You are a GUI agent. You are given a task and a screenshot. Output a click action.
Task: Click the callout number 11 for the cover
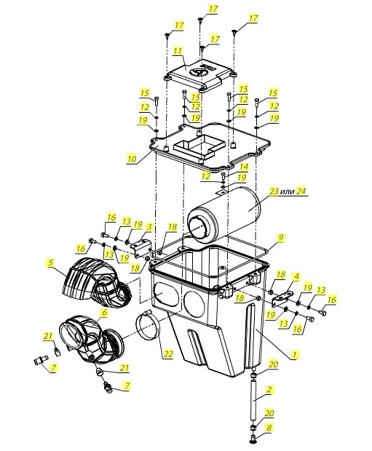pyautogui.click(x=178, y=51)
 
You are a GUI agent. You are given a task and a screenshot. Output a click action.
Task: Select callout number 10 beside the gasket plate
pyautogui.click(x=132, y=159)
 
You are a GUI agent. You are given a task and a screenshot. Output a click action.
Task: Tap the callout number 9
pyautogui.click(x=280, y=238)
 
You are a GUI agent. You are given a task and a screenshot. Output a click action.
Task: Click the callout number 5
pyautogui.click(x=51, y=263)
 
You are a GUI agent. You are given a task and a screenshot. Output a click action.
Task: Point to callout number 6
pyautogui.click(x=104, y=312)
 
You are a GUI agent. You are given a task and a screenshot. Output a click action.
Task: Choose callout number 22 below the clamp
pyautogui.click(x=167, y=354)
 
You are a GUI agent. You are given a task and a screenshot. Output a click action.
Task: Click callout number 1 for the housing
pyautogui.click(x=294, y=355)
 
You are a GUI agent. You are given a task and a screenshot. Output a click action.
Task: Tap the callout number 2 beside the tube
pyautogui.click(x=269, y=390)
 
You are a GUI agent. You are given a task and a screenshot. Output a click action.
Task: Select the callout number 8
pyautogui.click(x=269, y=428)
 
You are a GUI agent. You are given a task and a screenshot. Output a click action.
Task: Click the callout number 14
pyautogui.click(x=244, y=167)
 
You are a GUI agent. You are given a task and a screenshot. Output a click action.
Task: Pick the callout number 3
pyautogui.click(x=149, y=227)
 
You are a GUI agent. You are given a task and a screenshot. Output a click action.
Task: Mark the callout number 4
pyautogui.click(x=296, y=277)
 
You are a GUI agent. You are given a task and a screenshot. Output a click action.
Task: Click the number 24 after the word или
pyautogui.click(x=301, y=191)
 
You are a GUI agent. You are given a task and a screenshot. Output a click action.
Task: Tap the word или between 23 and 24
pyautogui.click(x=287, y=191)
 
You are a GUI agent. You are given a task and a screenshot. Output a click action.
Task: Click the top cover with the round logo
pyautogui.click(x=201, y=75)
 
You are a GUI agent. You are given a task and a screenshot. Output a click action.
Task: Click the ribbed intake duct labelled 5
pyautogui.click(x=95, y=283)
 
